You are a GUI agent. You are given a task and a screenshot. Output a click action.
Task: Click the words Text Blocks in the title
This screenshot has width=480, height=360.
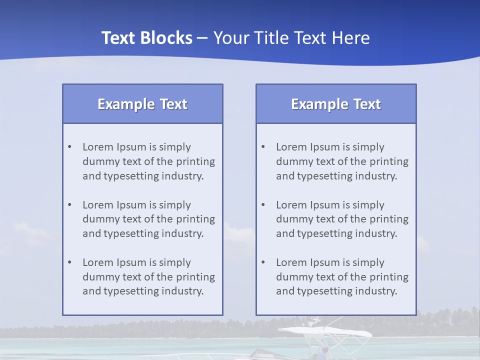[146, 38]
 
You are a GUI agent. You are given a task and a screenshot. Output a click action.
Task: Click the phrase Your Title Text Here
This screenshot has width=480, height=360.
[291, 38]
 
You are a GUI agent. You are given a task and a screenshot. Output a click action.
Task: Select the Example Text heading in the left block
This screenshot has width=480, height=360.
[142, 104]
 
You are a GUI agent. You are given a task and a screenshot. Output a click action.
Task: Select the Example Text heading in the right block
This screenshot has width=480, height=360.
[336, 104]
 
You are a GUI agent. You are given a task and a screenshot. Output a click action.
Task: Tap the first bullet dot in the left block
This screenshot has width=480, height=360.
[69, 147]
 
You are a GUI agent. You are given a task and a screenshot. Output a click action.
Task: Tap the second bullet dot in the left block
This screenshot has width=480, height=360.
[69, 205]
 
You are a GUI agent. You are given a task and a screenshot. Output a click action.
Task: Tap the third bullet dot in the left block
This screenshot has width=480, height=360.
[69, 262]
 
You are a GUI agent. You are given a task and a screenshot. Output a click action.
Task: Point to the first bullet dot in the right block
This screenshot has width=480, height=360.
[263, 147]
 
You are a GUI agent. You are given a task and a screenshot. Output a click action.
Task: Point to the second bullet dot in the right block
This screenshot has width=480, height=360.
[263, 205]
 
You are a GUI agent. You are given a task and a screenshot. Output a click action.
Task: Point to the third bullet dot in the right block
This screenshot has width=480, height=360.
[263, 262]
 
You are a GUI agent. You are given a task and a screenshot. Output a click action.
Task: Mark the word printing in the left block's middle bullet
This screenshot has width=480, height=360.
[197, 219]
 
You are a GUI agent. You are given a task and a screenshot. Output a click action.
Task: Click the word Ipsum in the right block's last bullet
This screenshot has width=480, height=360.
[325, 262]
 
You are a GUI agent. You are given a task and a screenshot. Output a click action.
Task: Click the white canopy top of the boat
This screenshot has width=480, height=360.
[325, 331]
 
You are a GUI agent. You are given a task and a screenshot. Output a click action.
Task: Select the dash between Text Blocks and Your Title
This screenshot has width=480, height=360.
[202, 38]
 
